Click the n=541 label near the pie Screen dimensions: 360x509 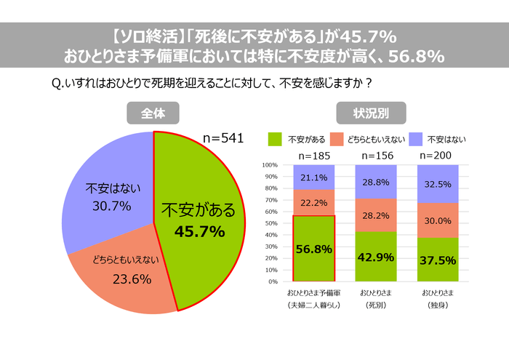click(x=223, y=137)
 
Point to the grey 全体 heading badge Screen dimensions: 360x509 click(x=152, y=113)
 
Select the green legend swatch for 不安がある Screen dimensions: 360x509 click(x=275, y=138)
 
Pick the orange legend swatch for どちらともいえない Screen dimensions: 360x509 click(x=337, y=138)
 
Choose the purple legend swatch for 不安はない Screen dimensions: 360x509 click(x=416, y=138)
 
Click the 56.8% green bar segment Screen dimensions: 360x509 click(x=314, y=249)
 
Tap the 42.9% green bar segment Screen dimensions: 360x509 click(x=375, y=257)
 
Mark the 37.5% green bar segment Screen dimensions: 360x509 click(x=436, y=260)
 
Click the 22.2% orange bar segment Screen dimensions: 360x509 click(x=314, y=203)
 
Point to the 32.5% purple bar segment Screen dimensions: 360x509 click(x=436, y=184)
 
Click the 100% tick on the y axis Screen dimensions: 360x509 click(x=270, y=165)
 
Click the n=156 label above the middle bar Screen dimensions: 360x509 click(x=375, y=155)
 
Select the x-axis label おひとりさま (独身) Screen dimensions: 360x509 click(x=436, y=298)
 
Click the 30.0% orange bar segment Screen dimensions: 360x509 click(x=436, y=220)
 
